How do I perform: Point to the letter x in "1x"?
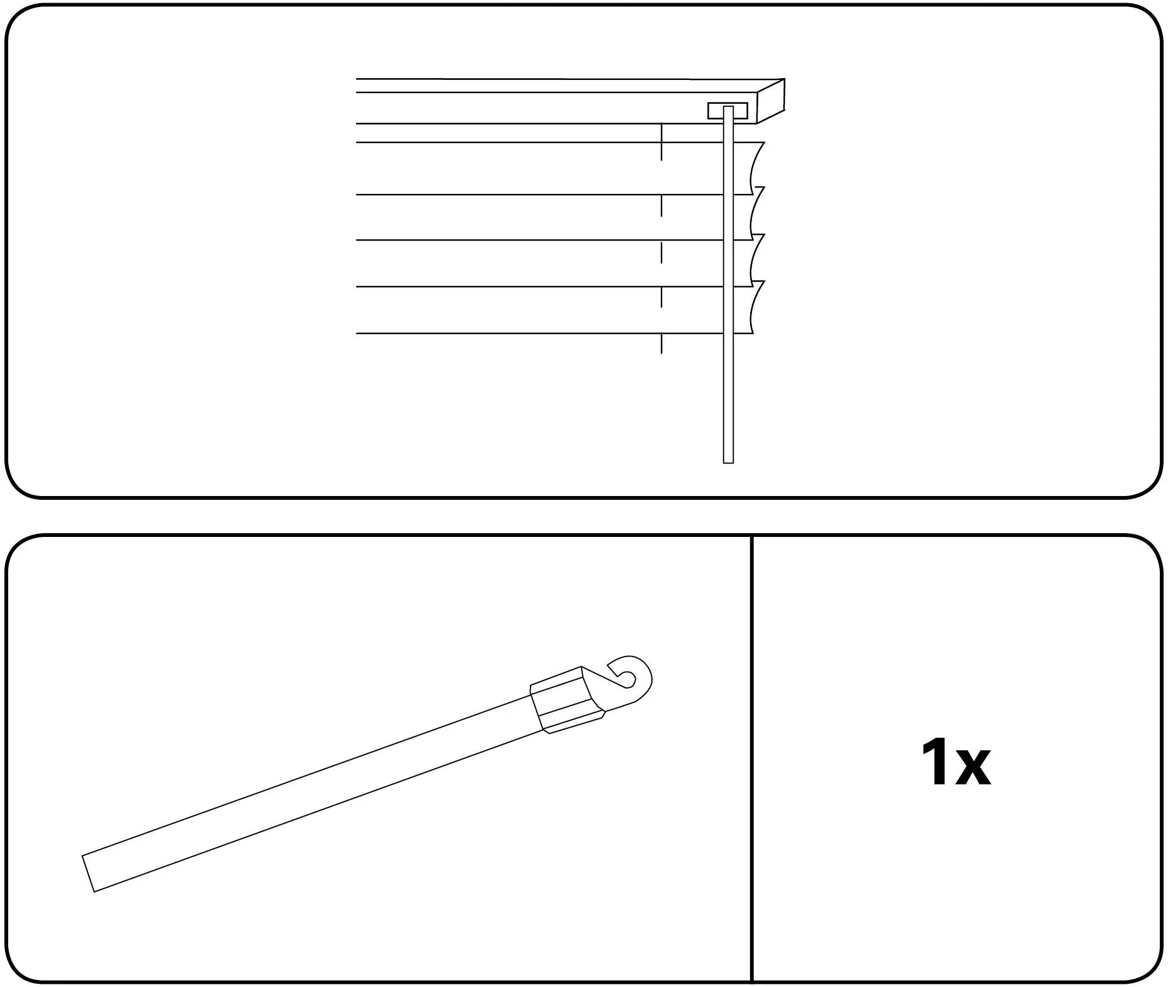coord(972,769)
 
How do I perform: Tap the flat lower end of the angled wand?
coord(89,874)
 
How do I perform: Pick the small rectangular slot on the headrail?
coord(728,111)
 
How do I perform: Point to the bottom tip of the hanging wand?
coord(728,463)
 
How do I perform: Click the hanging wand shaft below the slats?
coord(728,398)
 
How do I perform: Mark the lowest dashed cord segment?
coord(661,344)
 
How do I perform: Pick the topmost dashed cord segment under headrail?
coord(661,142)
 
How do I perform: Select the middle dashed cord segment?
coord(661,252)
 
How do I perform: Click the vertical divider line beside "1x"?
coord(752,759)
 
